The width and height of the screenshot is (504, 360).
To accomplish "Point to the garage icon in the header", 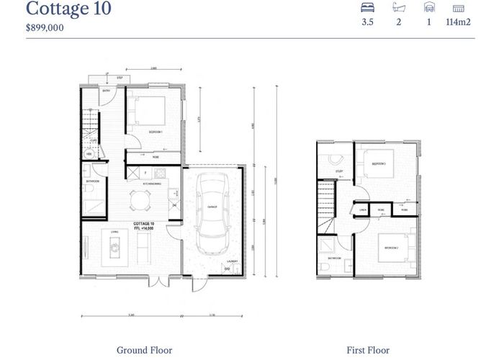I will point(429,9).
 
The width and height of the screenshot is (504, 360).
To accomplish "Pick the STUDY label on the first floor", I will point(338,171).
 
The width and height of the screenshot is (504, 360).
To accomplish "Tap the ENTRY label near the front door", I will point(105,91).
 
